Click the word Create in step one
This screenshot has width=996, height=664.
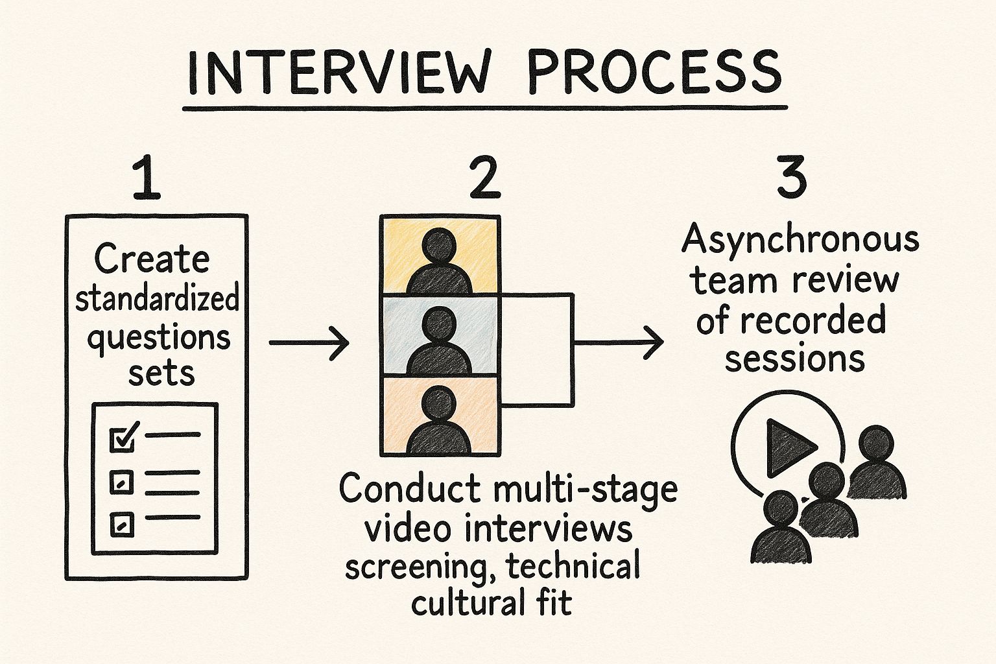pyautogui.click(x=152, y=260)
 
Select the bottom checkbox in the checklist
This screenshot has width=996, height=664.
pyautogui.click(x=121, y=524)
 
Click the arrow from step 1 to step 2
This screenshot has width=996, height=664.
pyautogui.click(x=309, y=342)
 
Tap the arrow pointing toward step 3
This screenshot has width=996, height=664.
pyautogui.click(x=619, y=342)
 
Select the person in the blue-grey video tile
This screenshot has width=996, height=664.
pyautogui.click(x=439, y=340)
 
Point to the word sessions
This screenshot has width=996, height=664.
pyautogui.click(x=794, y=358)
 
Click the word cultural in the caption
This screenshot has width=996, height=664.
pyautogui.click(x=458, y=603)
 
